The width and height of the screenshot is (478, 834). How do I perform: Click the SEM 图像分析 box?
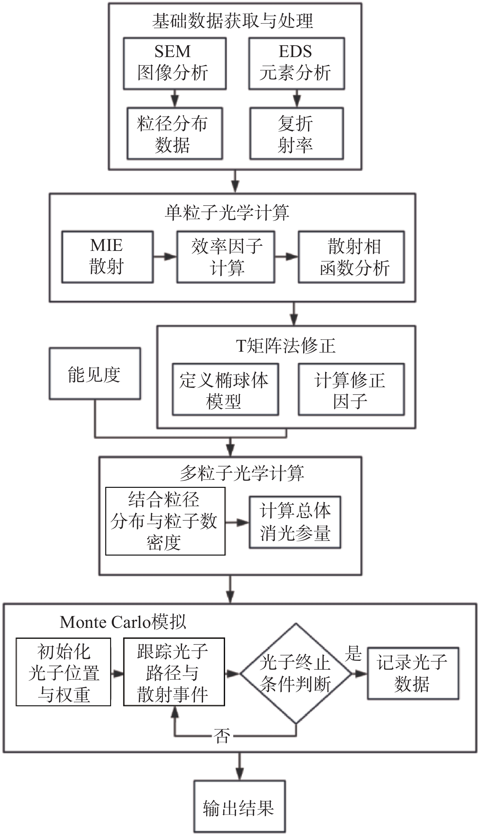click(x=175, y=63)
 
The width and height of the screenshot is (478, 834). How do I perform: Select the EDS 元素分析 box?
click(x=296, y=63)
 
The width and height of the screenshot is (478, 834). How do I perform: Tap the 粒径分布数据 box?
click(x=175, y=133)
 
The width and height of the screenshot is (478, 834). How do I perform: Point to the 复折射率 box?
click(x=296, y=133)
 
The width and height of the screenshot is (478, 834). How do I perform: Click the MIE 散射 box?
click(x=107, y=257)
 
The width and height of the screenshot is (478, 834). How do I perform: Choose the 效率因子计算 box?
click(x=226, y=257)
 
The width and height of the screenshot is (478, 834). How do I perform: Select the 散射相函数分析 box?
click(x=351, y=257)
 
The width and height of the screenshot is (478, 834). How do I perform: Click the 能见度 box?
click(x=95, y=373)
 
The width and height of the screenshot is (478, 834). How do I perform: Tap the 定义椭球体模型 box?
click(x=225, y=389)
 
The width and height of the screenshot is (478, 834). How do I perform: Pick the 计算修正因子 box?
click(x=351, y=389)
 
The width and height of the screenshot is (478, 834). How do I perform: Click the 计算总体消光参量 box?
click(x=295, y=522)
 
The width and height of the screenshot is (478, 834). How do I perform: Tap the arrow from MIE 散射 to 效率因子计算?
click(x=165, y=256)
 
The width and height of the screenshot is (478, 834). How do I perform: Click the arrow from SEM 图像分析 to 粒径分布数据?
click(x=175, y=98)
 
